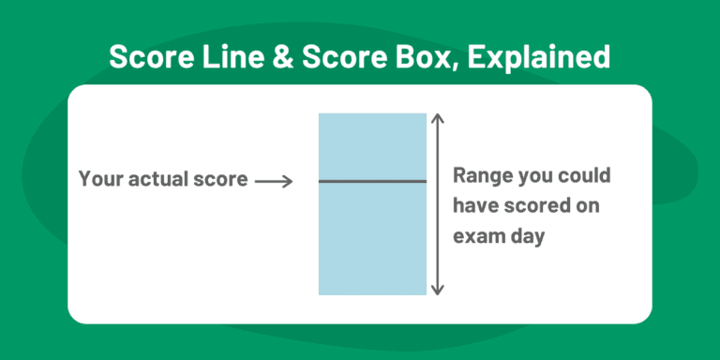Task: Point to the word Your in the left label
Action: (x=99, y=179)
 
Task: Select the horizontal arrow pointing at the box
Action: (x=275, y=180)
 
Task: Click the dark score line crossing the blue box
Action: (x=372, y=181)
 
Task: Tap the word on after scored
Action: (x=586, y=205)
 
